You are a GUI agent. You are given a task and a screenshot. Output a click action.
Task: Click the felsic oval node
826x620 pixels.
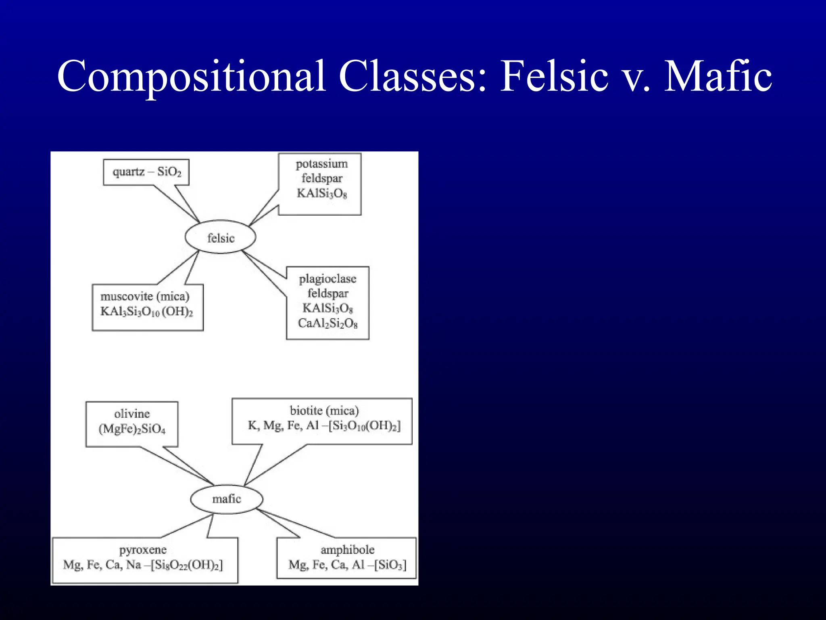coord(221,237)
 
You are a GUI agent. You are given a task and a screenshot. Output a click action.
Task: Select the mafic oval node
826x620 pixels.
coord(226,499)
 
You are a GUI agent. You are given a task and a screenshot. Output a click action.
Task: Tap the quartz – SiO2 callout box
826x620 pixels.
coord(146,172)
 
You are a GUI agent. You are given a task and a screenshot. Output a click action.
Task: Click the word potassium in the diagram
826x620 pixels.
coord(321,164)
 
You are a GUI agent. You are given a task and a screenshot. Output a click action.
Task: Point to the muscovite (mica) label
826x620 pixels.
coord(145,296)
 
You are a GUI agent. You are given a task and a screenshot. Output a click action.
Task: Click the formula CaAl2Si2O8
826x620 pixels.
coord(327,323)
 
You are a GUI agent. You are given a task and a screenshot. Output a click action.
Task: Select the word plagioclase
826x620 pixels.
coord(327,279)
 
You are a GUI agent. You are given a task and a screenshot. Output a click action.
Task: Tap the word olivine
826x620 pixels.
coord(132,414)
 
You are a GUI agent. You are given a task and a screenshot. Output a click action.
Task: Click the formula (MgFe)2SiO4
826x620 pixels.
coord(132,429)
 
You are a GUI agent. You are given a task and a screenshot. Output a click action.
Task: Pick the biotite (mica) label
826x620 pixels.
coord(324,411)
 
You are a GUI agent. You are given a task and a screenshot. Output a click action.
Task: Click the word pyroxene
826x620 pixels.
coord(143,550)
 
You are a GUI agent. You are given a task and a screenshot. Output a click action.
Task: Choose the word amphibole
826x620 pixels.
coord(347,550)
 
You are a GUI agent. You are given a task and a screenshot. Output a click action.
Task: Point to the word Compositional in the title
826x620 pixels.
coord(191,77)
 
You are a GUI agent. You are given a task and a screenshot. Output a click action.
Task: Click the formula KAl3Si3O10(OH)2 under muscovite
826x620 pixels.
coord(147,312)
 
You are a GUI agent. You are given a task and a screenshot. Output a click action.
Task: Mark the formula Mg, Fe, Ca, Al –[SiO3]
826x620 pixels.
coord(347,565)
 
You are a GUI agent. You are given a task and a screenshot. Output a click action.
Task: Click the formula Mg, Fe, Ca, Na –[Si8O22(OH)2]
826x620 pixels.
coord(143,565)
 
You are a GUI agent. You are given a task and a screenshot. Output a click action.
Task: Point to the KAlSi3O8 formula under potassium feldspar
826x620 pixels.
coord(321,193)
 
